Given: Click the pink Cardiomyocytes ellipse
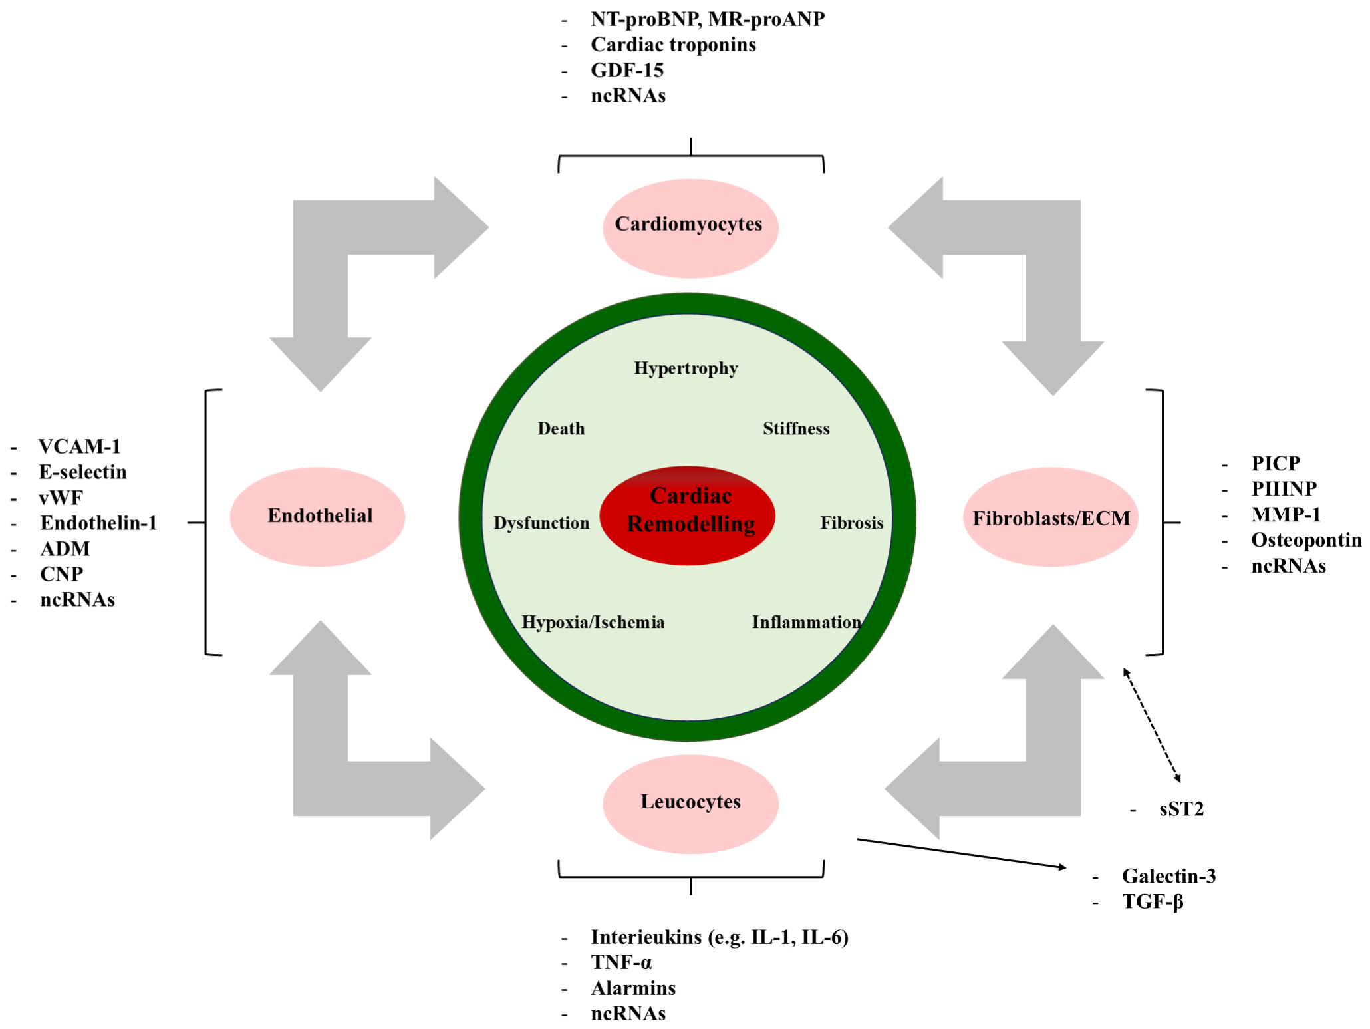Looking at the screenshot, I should point(690,227).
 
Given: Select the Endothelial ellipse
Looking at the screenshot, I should point(318,516).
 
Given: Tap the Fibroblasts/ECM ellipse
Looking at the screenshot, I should point(1051,517).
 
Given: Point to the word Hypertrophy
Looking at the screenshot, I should point(686,368).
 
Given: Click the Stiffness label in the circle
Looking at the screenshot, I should point(796,429).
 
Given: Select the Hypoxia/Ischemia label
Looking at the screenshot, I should point(593,622).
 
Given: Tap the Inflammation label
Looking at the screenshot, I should point(806,622).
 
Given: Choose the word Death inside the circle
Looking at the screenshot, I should point(561,429).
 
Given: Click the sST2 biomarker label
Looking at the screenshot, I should point(1181,809).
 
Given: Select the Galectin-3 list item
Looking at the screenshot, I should point(1168,876).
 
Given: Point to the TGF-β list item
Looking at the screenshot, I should point(1153,902).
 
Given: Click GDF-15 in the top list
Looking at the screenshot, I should point(627,70).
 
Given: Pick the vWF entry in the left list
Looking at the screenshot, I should point(61,498).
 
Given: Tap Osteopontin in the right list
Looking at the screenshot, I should point(1306,540).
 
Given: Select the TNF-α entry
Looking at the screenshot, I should point(621,962).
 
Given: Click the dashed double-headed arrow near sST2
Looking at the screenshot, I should point(1152,725).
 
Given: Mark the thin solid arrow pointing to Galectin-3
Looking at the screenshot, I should point(961,853).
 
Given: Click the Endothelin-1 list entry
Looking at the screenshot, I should point(98,523).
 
